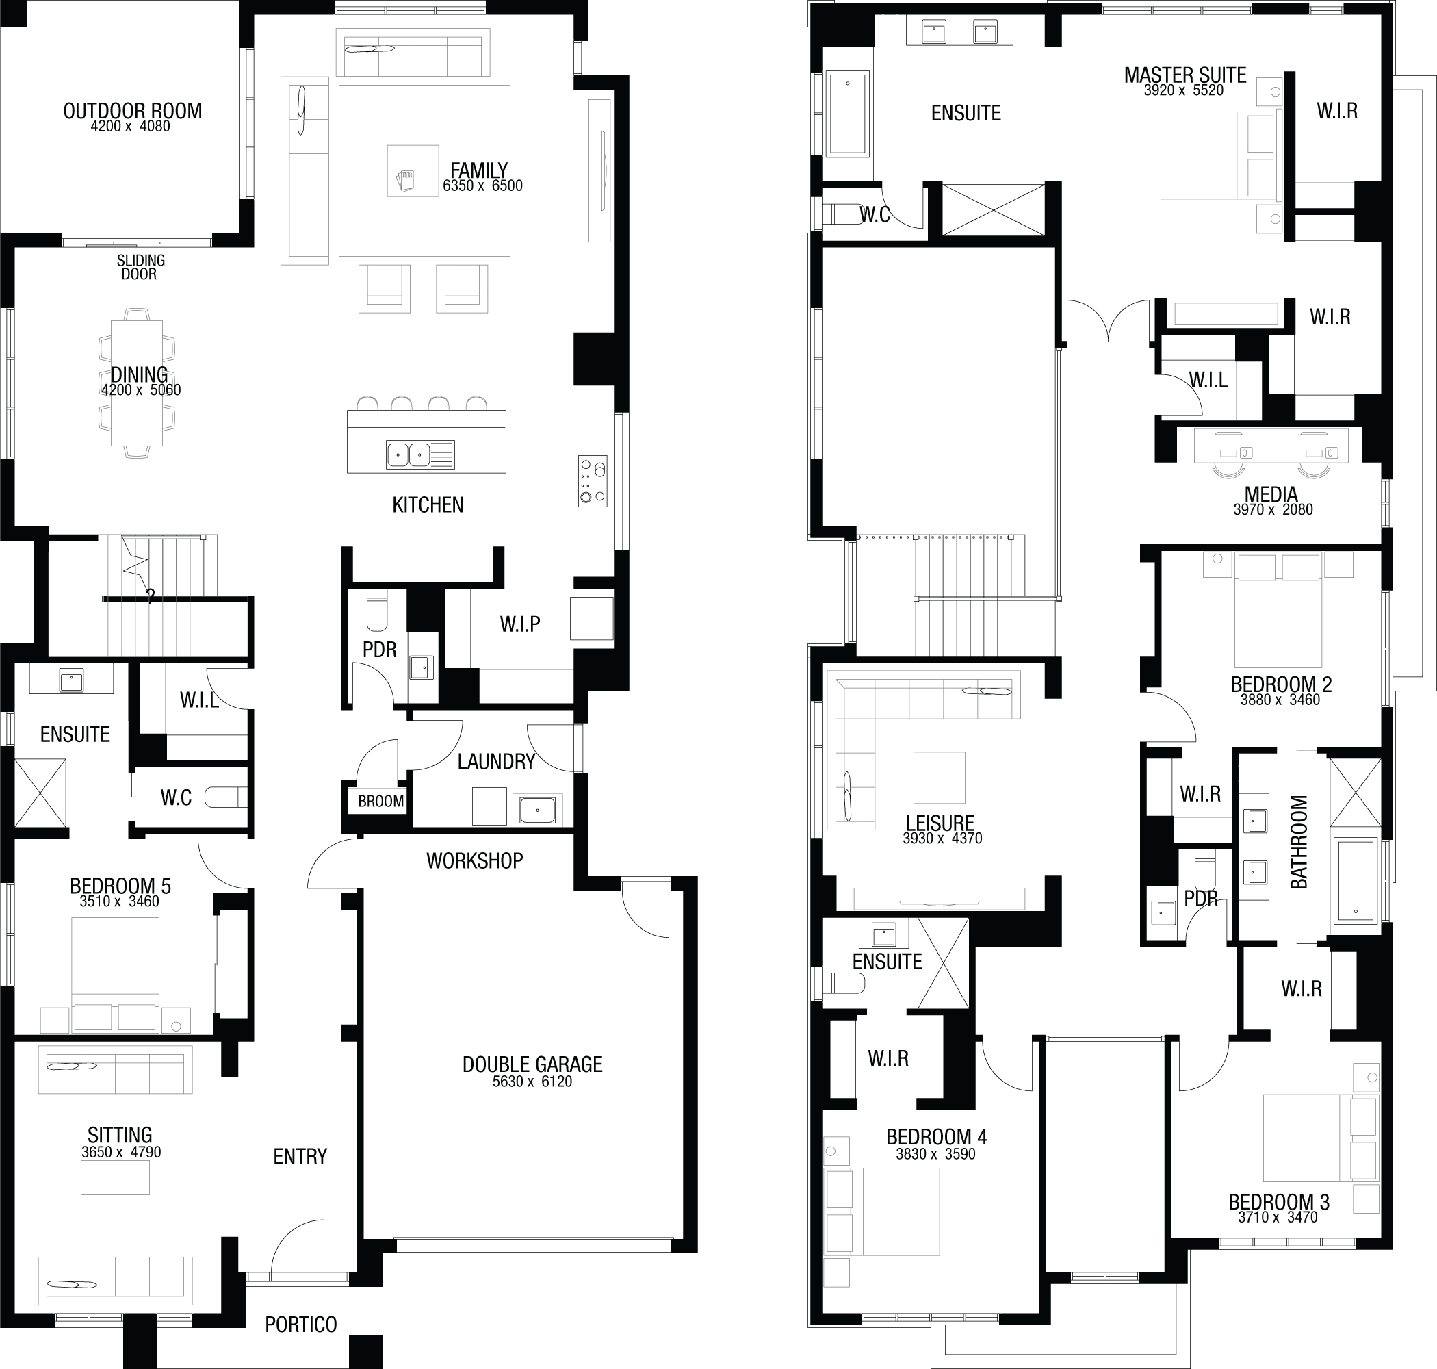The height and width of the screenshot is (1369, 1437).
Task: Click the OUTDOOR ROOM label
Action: click(x=133, y=111)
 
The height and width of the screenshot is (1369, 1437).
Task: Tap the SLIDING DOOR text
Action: click(x=140, y=267)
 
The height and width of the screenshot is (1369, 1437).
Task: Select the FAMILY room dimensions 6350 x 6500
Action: click(x=482, y=186)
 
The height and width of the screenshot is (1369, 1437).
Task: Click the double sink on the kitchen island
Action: click(x=409, y=455)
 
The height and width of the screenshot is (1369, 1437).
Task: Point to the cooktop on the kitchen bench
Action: click(x=593, y=481)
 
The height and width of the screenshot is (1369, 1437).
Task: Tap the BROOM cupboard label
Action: click(x=380, y=802)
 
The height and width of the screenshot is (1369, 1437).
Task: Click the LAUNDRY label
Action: click(x=496, y=762)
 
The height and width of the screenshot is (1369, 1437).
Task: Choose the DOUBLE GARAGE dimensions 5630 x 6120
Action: click(x=532, y=1082)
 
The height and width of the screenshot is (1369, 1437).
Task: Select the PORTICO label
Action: click(x=300, y=1325)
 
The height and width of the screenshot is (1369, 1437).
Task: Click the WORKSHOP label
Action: click(x=475, y=861)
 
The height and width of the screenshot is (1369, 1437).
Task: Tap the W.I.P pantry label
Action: click(x=519, y=624)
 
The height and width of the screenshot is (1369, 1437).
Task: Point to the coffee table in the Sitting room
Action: click(x=115, y=1177)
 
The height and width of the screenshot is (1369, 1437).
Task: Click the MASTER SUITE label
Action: click(x=1184, y=75)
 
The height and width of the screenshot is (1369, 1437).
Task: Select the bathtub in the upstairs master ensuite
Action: click(x=848, y=113)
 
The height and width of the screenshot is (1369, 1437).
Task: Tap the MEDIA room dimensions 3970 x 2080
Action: click(x=1273, y=510)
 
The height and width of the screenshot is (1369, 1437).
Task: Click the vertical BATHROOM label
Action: click(x=1299, y=842)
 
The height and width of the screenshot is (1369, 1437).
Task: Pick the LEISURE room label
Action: click(x=940, y=824)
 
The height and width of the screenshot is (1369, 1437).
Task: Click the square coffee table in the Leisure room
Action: click(x=940, y=778)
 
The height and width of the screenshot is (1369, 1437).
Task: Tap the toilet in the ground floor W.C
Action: click(x=225, y=797)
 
